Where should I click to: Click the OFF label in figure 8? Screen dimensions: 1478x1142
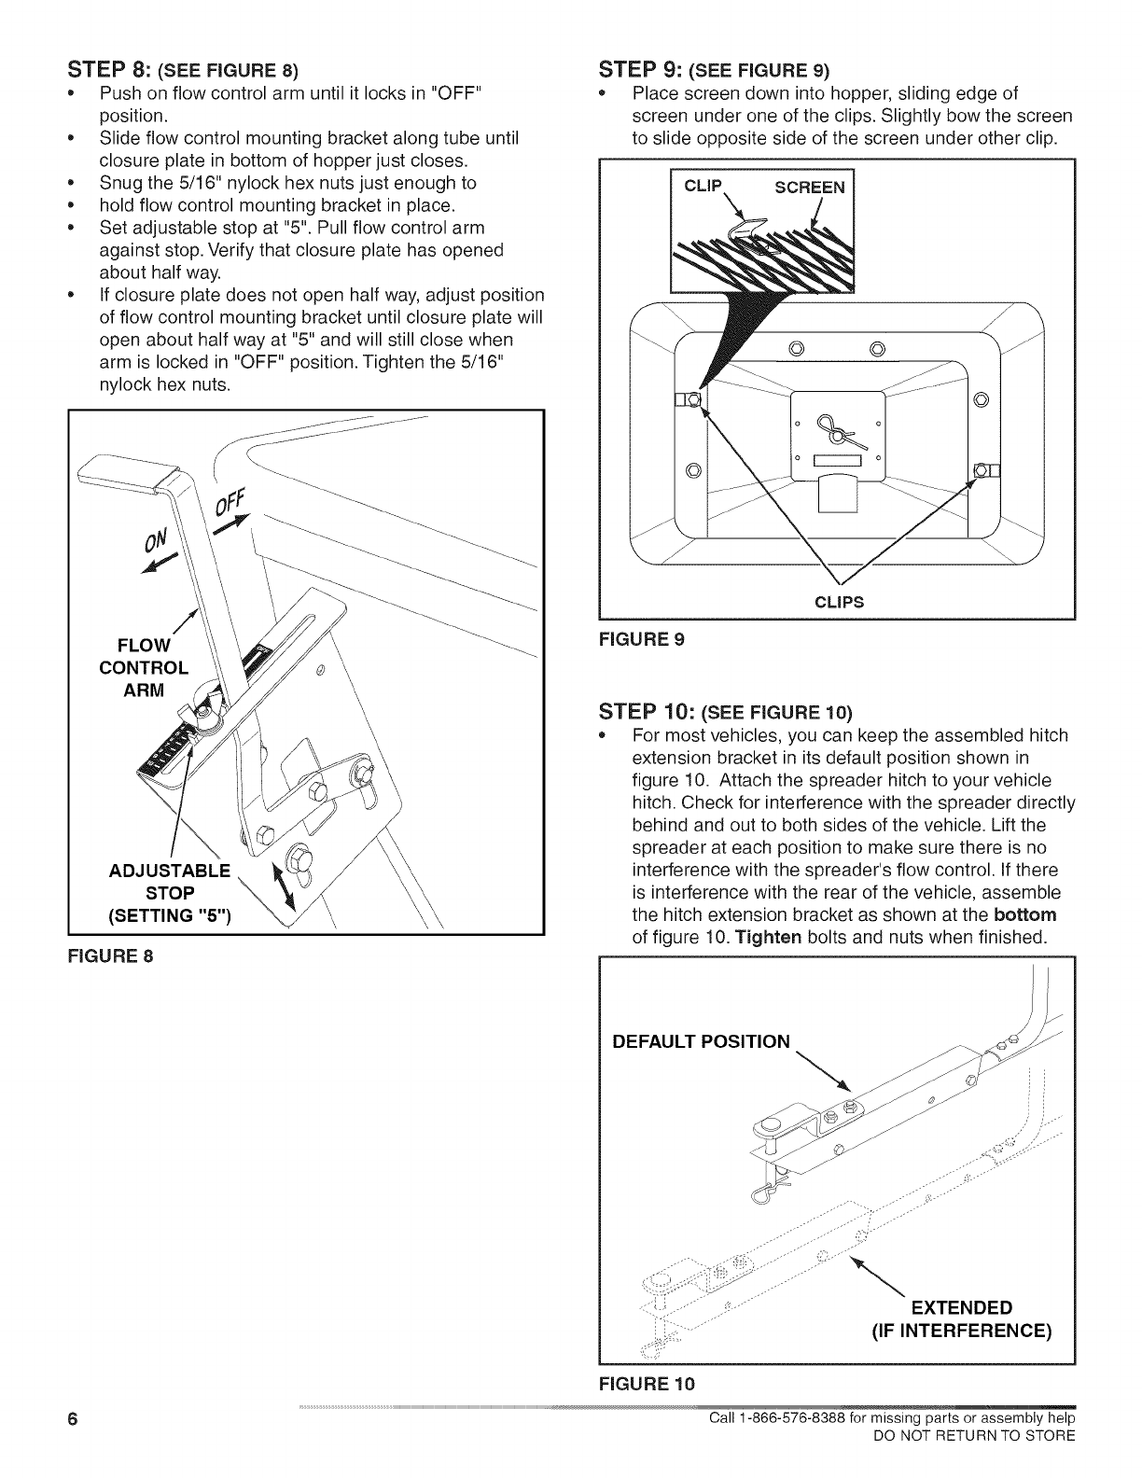(228, 504)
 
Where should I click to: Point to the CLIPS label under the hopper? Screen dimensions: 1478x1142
(839, 602)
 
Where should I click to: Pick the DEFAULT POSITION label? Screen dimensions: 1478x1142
(700, 1040)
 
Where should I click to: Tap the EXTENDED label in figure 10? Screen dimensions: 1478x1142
(961, 1305)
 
